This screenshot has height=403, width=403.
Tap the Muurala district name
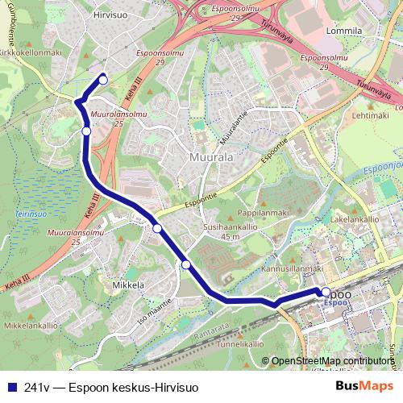(x=211, y=157)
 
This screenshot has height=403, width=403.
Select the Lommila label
(x=344, y=31)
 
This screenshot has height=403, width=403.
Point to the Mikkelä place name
(x=127, y=285)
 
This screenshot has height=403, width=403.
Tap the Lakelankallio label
(x=355, y=218)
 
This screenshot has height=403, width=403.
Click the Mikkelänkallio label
(x=31, y=326)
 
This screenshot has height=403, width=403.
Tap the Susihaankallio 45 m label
(x=231, y=232)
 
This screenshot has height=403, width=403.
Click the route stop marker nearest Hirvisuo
(x=103, y=79)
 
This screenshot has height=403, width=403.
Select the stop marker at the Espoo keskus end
(x=326, y=292)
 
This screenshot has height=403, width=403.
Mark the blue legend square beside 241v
(x=11, y=387)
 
